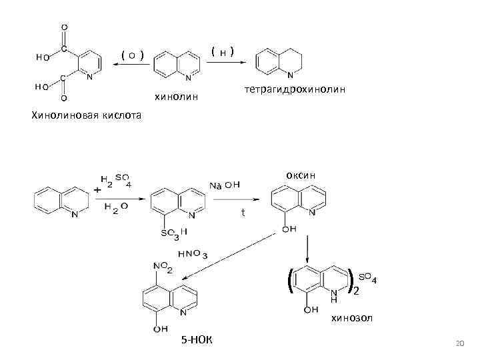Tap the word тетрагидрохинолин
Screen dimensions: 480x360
tap(295, 89)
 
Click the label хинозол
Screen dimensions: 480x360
tap(352, 319)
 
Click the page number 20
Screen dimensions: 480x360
tap(457, 343)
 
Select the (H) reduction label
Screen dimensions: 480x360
tap(222, 51)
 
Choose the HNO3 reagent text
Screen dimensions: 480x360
tap(193, 255)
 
